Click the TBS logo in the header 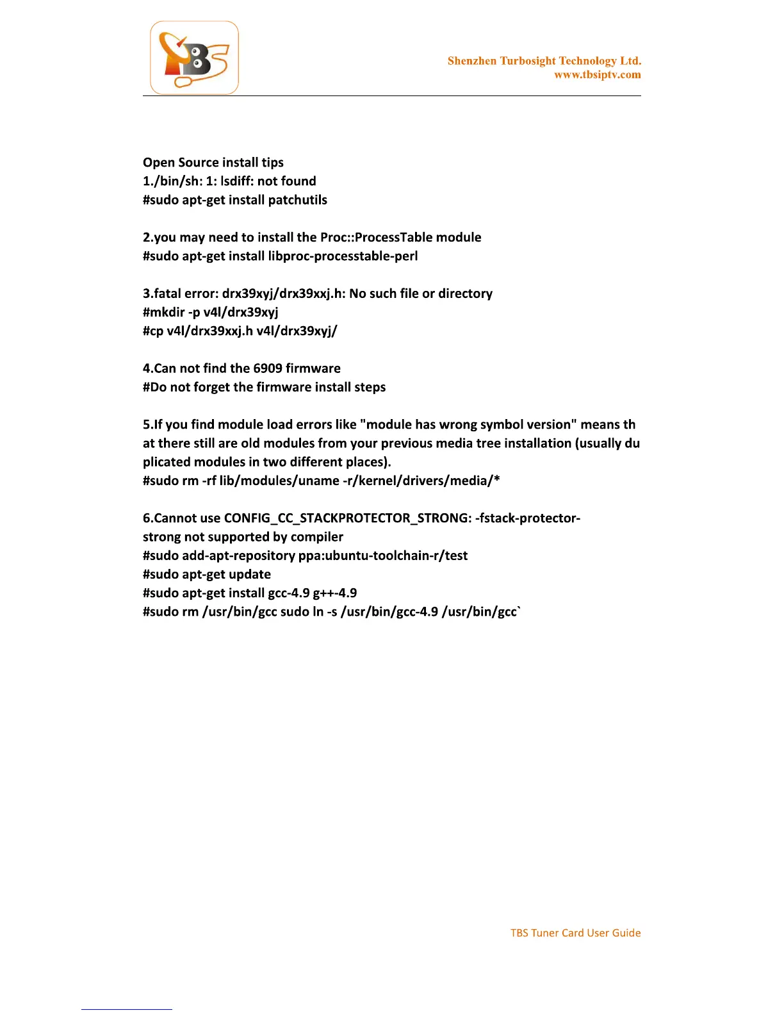[194, 58]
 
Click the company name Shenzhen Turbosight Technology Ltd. [544, 61]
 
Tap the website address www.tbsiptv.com [597, 75]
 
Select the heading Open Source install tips [213, 163]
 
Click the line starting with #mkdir [210, 313]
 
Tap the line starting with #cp [240, 331]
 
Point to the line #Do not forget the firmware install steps [264, 387]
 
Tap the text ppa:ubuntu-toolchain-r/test [382, 556]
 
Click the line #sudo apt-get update [206, 575]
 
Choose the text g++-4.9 [334, 593]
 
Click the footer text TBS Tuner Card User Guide [575, 933]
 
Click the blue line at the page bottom [126, 1009]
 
